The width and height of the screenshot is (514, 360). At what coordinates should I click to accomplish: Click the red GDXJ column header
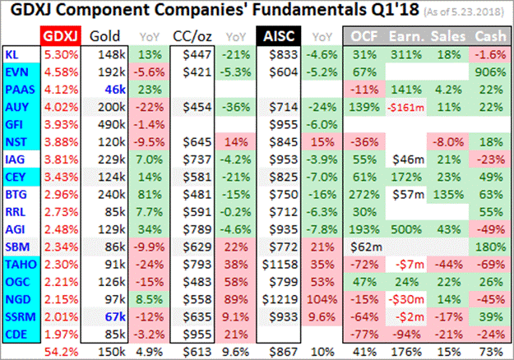[x=60, y=36]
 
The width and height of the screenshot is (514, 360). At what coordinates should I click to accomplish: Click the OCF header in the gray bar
[x=364, y=36]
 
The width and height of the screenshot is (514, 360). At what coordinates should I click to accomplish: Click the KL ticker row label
[x=13, y=53]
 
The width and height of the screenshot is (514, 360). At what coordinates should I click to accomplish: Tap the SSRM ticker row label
[x=18, y=317]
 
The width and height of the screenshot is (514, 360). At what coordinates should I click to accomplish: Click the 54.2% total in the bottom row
[x=60, y=351]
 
